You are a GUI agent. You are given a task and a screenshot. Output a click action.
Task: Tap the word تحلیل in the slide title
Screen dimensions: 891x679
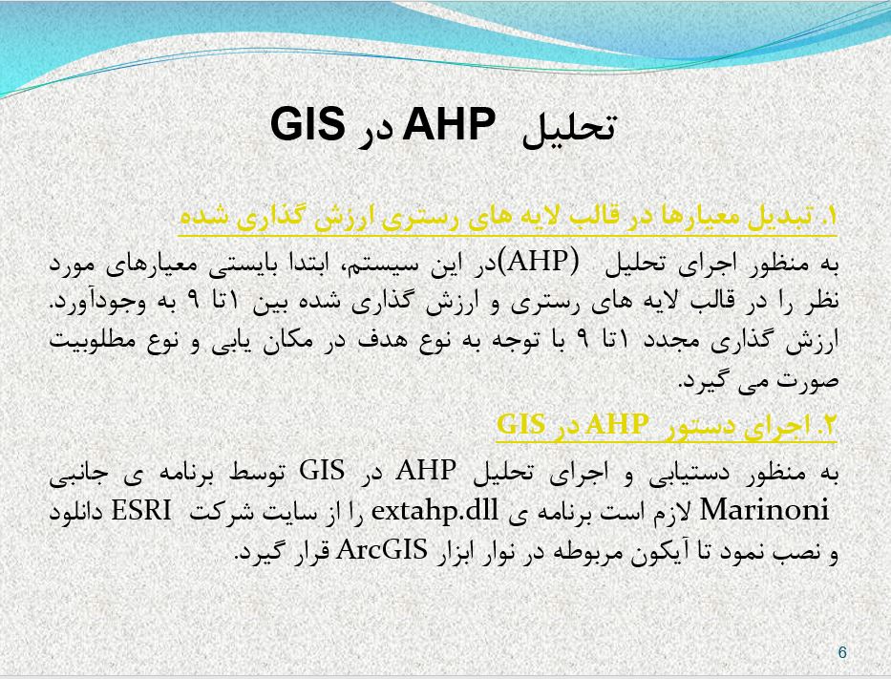coord(569,127)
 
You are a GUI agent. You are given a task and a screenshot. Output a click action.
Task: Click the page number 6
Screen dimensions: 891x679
coord(842,652)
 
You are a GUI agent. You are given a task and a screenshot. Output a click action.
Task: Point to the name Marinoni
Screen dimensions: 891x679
coord(764,510)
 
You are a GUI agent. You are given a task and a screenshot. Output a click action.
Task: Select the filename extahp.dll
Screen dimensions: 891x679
coord(435,510)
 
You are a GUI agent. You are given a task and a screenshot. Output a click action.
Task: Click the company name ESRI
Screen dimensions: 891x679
coord(141,510)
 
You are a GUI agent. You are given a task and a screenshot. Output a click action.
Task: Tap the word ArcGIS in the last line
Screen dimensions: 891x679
coord(382,550)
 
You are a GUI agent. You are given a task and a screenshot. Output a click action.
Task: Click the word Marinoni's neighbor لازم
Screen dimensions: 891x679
coord(673,511)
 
